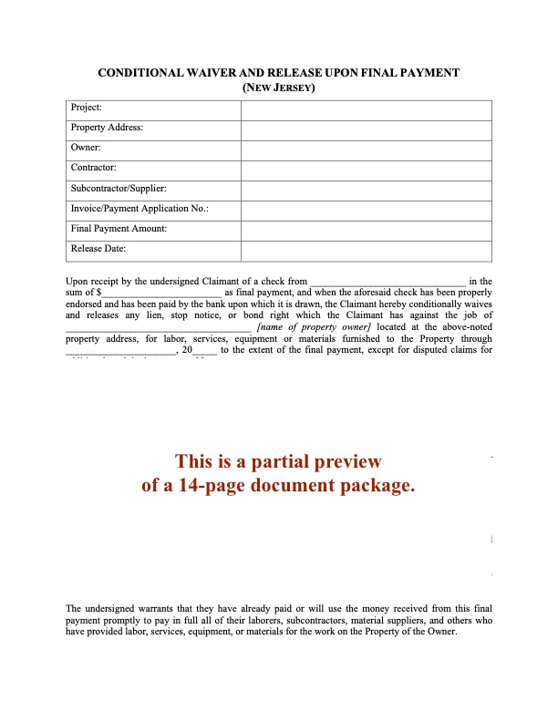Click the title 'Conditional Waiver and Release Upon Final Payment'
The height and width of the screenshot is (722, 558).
click(x=278, y=72)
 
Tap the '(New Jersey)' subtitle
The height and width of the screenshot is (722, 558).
click(x=278, y=88)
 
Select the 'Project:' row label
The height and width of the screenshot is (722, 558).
click(x=87, y=108)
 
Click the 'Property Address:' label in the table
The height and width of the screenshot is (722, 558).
click(x=107, y=129)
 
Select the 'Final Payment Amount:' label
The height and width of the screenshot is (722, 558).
click(x=119, y=229)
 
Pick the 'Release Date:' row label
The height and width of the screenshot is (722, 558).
click(x=98, y=249)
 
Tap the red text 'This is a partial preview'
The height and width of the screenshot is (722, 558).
click(x=278, y=461)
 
